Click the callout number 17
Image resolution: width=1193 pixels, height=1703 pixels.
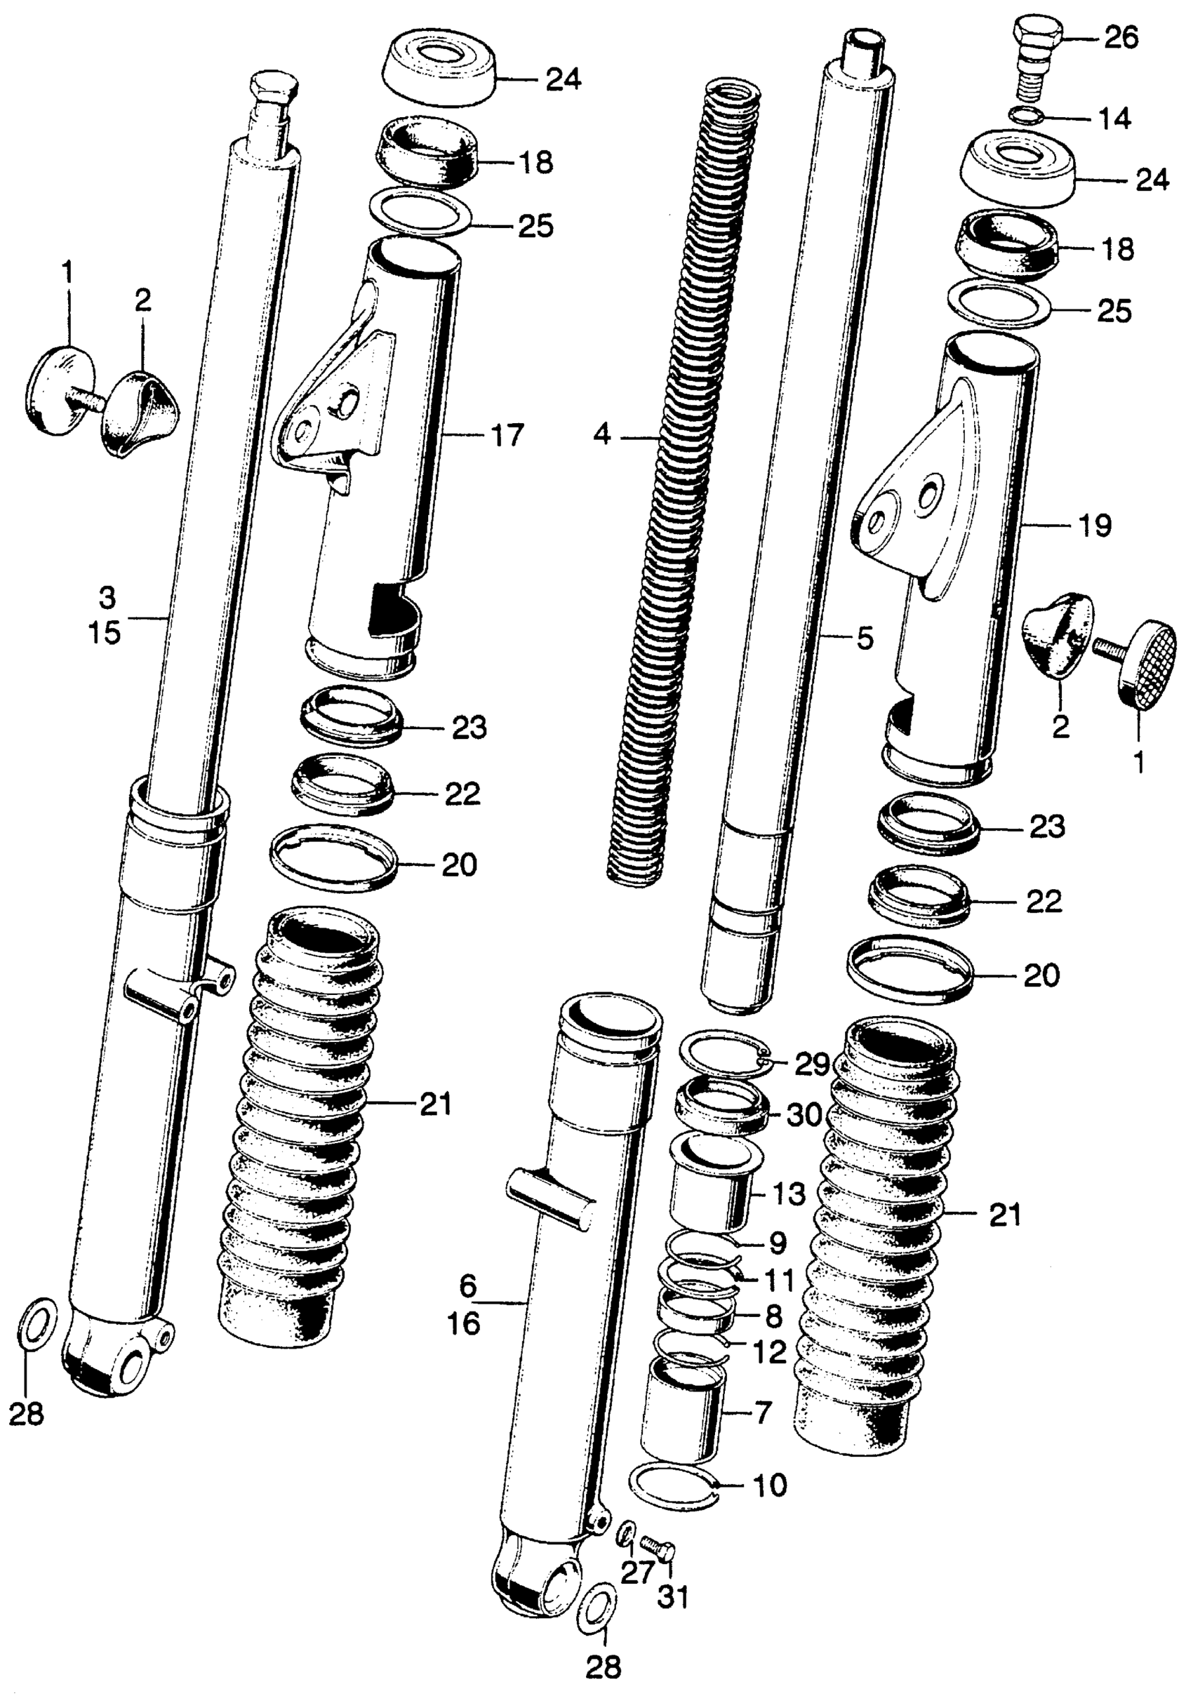pos(507,435)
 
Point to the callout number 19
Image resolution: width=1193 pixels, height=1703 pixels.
pos(1095,526)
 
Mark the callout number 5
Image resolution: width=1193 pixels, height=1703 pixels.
pos(865,638)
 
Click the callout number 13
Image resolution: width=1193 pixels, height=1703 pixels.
pos(788,1194)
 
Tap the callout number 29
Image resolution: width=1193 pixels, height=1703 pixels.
pos(812,1064)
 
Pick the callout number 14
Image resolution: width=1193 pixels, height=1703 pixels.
pos(1114,118)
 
